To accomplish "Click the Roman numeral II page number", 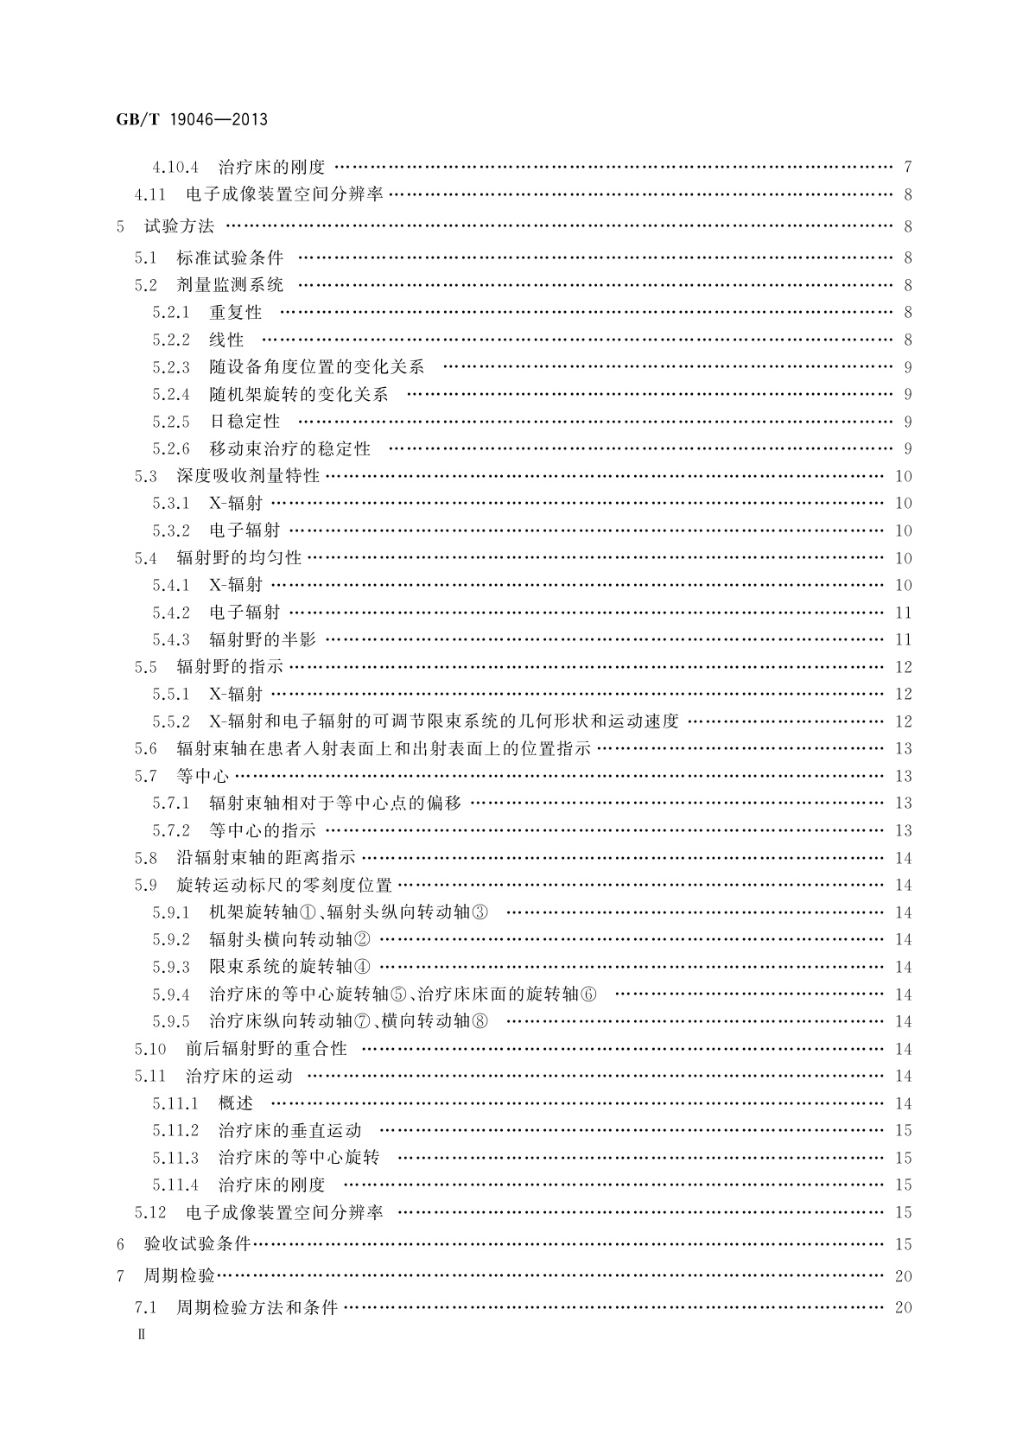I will click(143, 1334).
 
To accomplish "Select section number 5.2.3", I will click(171, 367).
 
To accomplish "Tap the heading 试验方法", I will click(179, 226).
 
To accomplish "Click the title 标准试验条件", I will click(230, 257).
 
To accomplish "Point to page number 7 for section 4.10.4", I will click(907, 168).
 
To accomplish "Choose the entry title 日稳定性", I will click(245, 422).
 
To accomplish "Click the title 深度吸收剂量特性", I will click(248, 476).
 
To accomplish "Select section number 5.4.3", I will click(171, 640).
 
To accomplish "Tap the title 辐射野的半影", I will click(263, 640).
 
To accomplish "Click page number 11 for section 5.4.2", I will click(903, 613).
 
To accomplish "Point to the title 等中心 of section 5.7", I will click(203, 776).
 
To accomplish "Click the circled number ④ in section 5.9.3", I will click(362, 967).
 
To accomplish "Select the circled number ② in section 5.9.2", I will click(362, 939).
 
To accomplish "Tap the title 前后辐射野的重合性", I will click(266, 1049).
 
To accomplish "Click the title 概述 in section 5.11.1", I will click(236, 1103).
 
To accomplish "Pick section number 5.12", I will click(149, 1213).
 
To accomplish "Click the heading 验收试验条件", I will click(197, 1244).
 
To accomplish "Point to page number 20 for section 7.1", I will click(903, 1307).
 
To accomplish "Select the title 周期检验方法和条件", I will click(257, 1307).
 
